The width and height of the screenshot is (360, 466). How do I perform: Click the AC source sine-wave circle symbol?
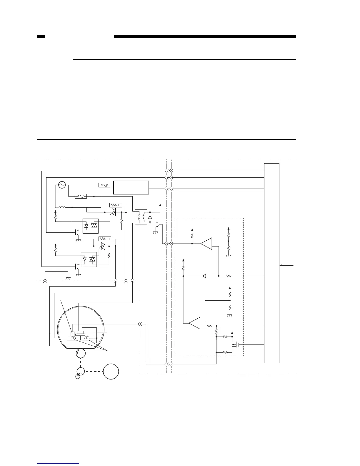[x=62, y=185]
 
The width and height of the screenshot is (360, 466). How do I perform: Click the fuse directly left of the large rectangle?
[x=104, y=185]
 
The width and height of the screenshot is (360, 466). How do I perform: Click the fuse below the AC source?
[x=81, y=196]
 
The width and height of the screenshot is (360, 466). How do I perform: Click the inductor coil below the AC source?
[x=62, y=207]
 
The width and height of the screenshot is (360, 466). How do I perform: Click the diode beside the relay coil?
[x=150, y=217]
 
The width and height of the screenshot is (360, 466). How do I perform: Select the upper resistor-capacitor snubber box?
[x=116, y=205]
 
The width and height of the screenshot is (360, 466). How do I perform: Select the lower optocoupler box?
[x=89, y=259]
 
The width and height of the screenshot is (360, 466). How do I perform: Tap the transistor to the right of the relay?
[x=158, y=225]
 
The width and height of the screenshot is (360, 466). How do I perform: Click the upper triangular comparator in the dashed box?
[x=206, y=244]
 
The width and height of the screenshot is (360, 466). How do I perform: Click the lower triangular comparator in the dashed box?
[x=195, y=323]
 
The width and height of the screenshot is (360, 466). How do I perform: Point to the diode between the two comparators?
[x=204, y=276]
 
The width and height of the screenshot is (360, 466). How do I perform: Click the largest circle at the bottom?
[x=111, y=371]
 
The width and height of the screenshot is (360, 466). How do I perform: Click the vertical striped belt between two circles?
[x=81, y=362]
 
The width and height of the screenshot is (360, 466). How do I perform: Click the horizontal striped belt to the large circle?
[x=94, y=371]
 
